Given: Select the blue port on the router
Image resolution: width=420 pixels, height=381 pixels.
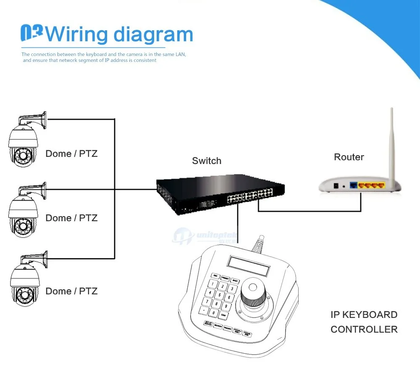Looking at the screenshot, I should (x=354, y=185).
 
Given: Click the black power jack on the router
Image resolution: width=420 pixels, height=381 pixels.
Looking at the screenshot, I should (x=336, y=185).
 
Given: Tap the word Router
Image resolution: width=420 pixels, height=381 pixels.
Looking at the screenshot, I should (x=349, y=157).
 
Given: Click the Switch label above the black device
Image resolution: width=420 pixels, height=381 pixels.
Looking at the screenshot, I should (x=207, y=161).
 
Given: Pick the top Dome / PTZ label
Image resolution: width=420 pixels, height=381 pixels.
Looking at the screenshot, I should (x=71, y=154).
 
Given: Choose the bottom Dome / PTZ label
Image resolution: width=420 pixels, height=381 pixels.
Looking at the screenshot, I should (x=71, y=291).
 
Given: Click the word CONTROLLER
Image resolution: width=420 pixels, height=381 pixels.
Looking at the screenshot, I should (x=364, y=329).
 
